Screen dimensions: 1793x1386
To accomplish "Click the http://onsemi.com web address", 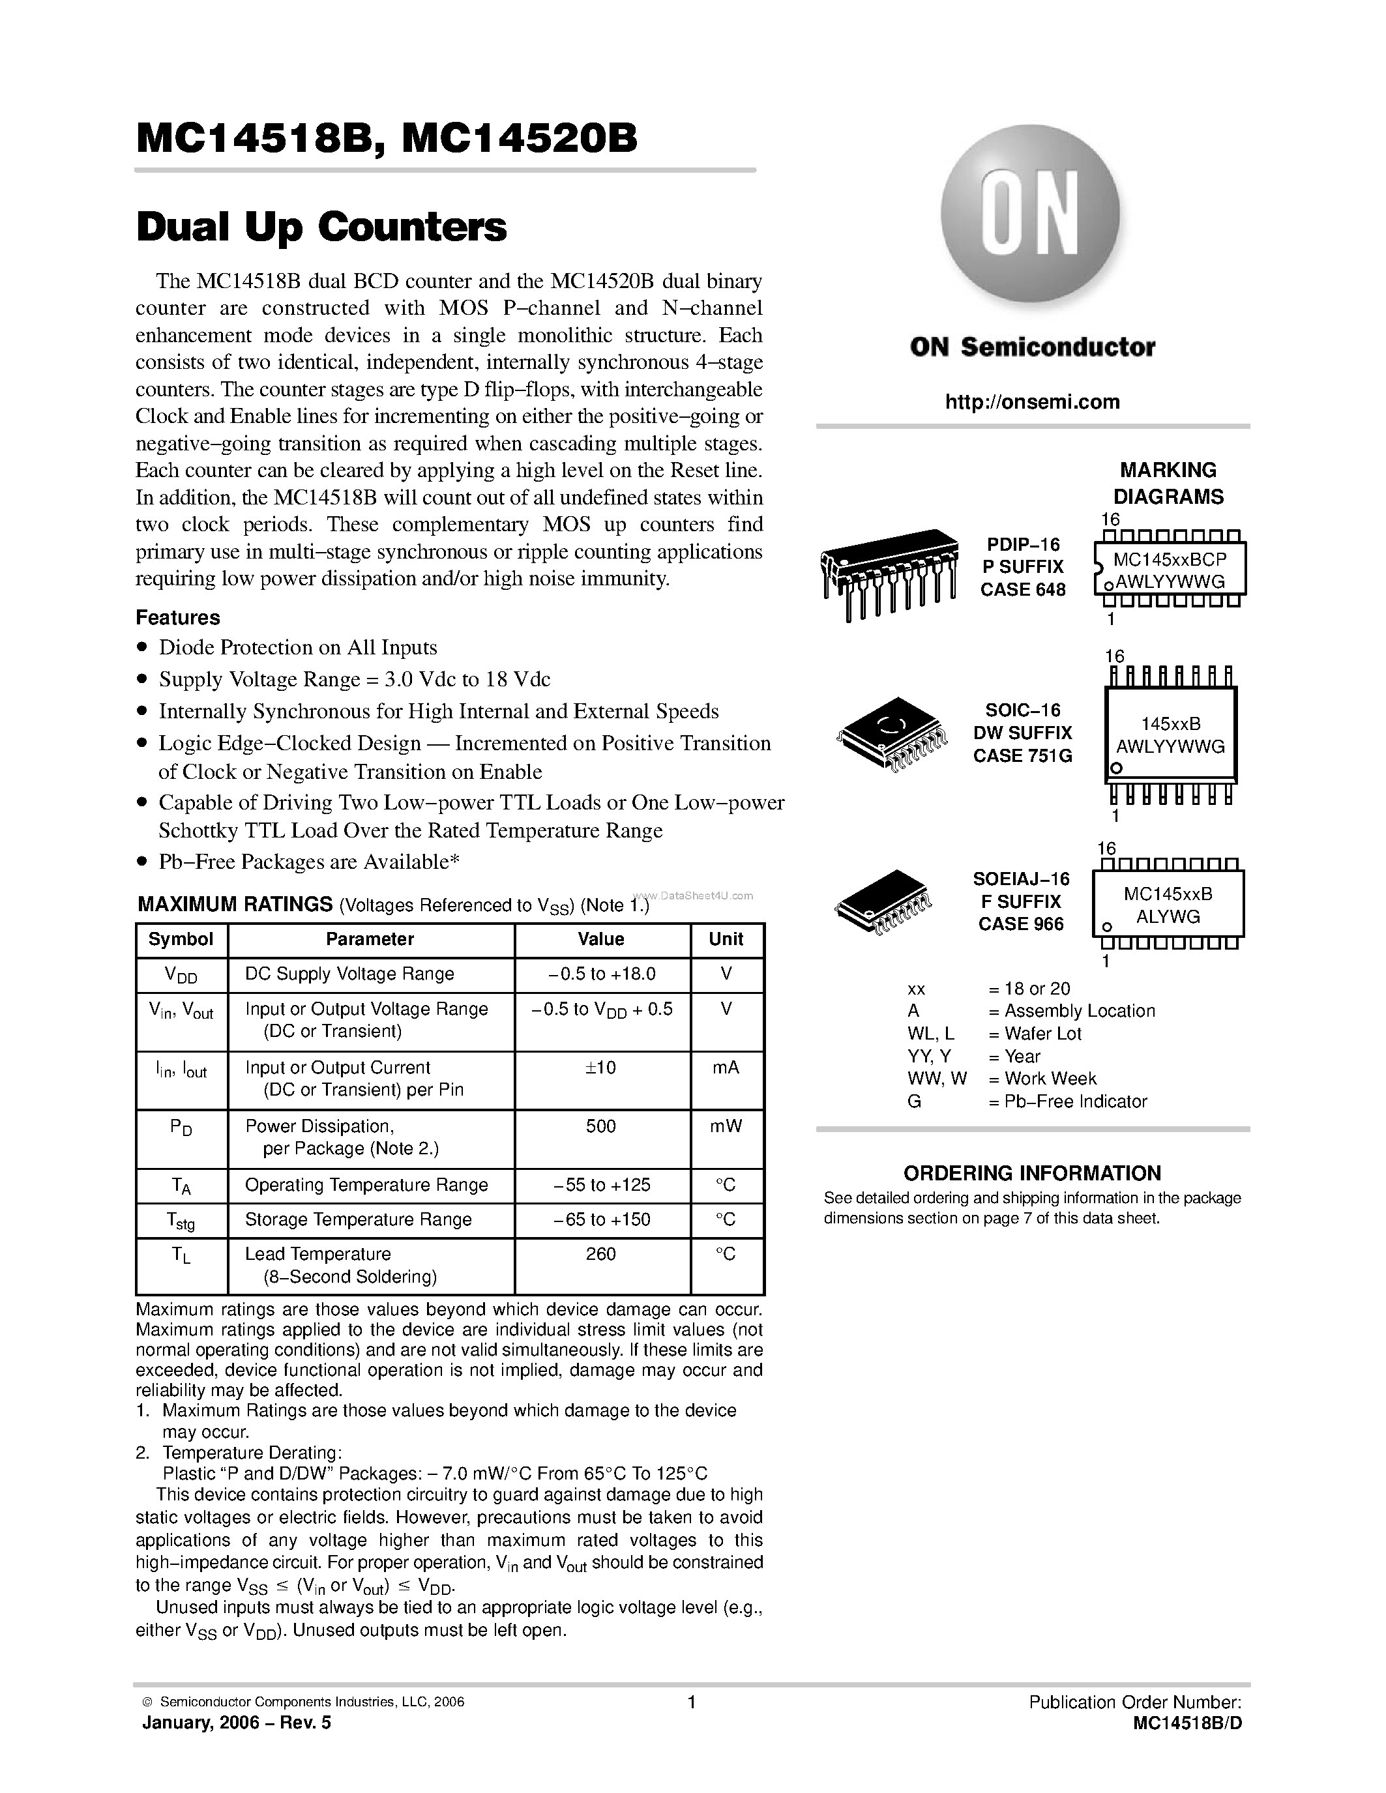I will [x=1032, y=401].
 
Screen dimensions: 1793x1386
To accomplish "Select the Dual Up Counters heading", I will [x=321, y=227].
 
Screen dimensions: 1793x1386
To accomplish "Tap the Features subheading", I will [x=177, y=617].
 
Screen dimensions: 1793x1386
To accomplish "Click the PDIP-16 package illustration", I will [x=889, y=572].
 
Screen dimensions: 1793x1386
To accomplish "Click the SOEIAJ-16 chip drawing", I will [x=883, y=904].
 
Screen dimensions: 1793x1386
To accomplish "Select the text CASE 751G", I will [x=1022, y=755].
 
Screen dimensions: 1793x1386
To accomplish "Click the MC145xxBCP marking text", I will [x=1169, y=559].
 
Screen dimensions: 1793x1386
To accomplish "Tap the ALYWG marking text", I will [x=1168, y=916].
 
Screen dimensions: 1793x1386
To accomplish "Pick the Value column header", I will [x=601, y=939].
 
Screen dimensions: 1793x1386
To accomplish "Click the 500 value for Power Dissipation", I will [x=601, y=1126].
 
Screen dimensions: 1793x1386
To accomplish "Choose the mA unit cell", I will [x=726, y=1068].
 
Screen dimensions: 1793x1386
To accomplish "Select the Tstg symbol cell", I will [x=181, y=1221].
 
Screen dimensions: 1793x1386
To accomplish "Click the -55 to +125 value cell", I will [x=601, y=1185].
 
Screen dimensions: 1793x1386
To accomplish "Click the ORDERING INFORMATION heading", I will [x=1032, y=1173].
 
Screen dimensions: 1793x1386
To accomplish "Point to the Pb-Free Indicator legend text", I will [x=1075, y=1101].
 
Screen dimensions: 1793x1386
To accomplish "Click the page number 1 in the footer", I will [x=691, y=1702].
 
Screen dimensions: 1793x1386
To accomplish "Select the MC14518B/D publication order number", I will [x=1187, y=1723].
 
